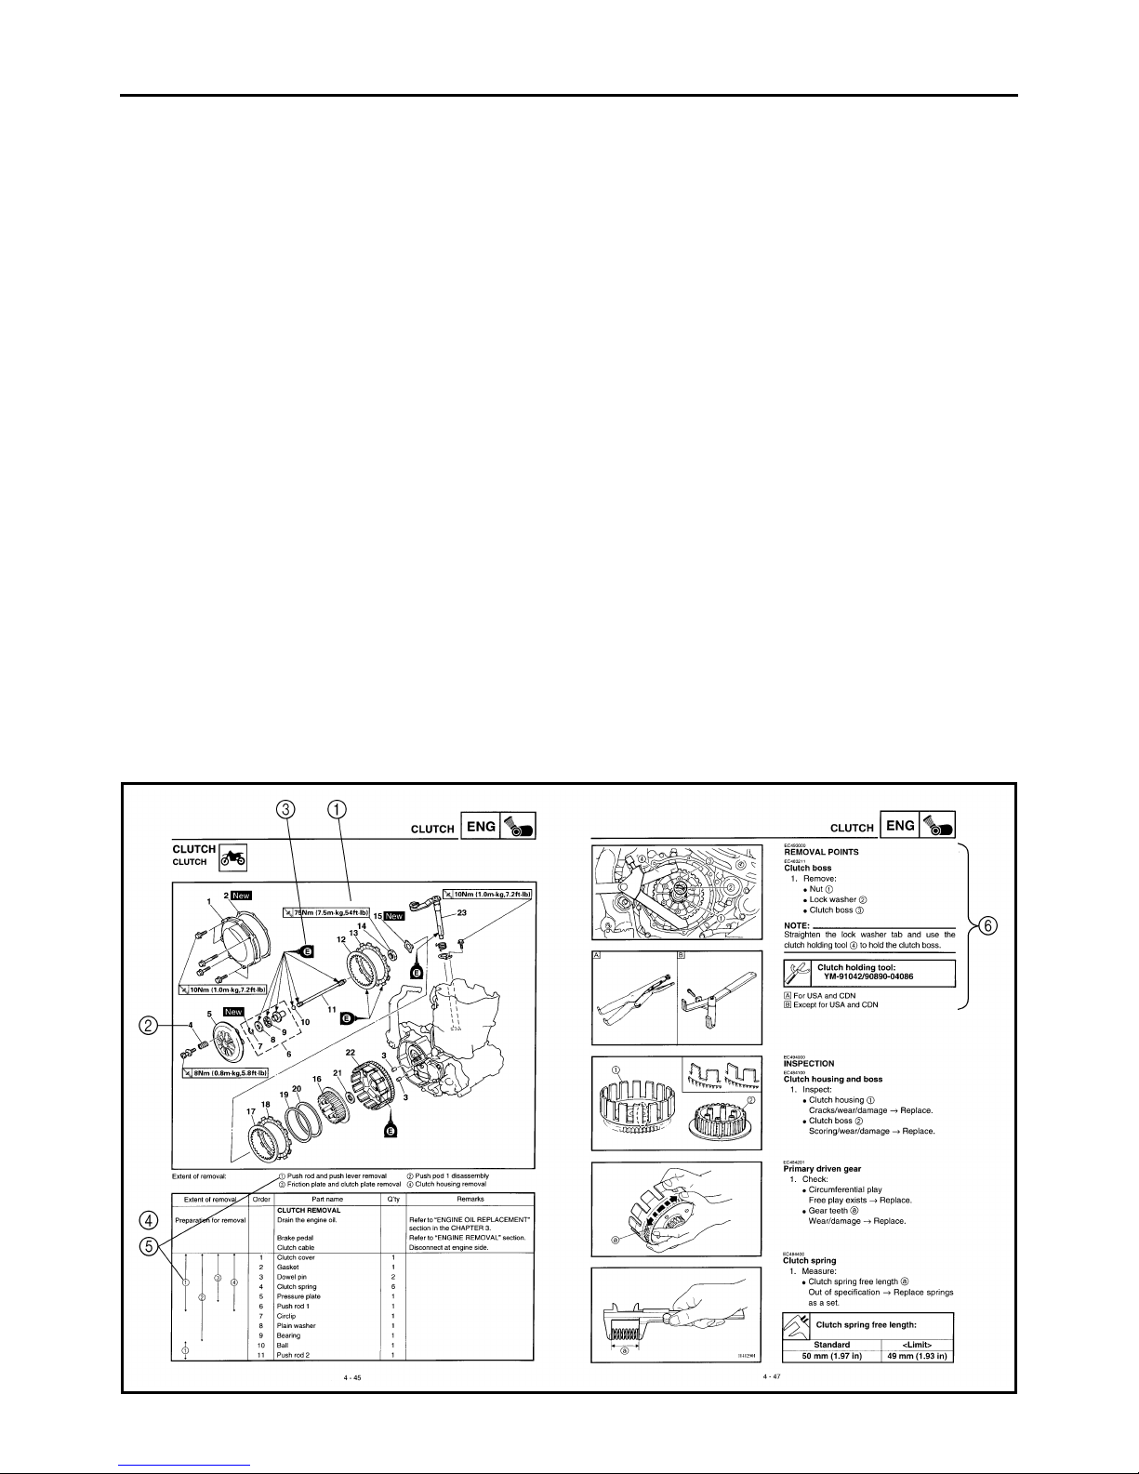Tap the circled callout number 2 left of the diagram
click(x=147, y=1025)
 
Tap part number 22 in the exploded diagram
click(x=351, y=1052)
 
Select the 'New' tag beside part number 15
click(x=394, y=916)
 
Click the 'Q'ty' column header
click(x=391, y=1200)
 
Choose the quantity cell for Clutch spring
click(x=392, y=1286)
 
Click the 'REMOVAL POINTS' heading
click(x=821, y=851)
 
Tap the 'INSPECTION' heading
click(x=809, y=1063)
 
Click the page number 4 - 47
click(x=772, y=1375)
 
